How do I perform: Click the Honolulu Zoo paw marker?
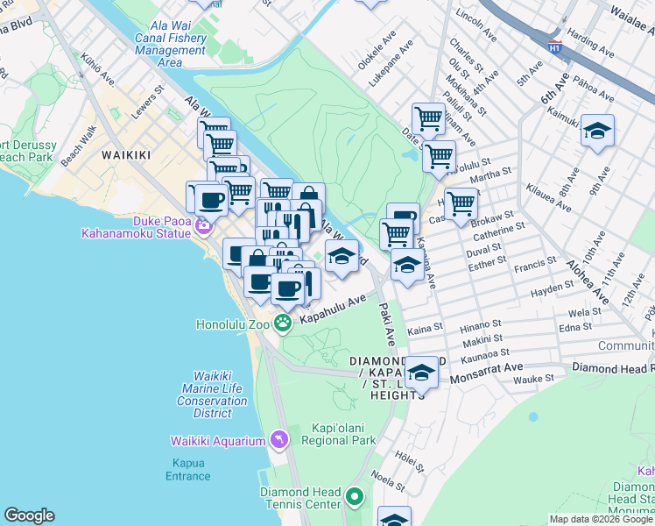point(283,323)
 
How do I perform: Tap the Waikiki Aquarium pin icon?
point(278,438)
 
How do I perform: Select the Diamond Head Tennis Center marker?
point(354,498)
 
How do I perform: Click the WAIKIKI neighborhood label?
point(126,155)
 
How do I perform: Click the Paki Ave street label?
point(387,323)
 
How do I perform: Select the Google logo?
point(29,515)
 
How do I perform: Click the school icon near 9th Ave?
point(597,131)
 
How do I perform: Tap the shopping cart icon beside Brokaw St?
point(461,204)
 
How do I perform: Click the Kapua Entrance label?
point(188,470)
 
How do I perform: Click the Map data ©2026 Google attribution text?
point(601,519)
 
